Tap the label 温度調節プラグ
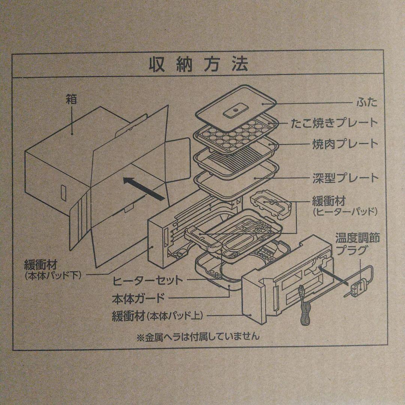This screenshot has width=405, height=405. click(357, 244)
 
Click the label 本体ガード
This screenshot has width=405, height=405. click(138, 298)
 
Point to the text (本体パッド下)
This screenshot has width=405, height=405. click(53, 276)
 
